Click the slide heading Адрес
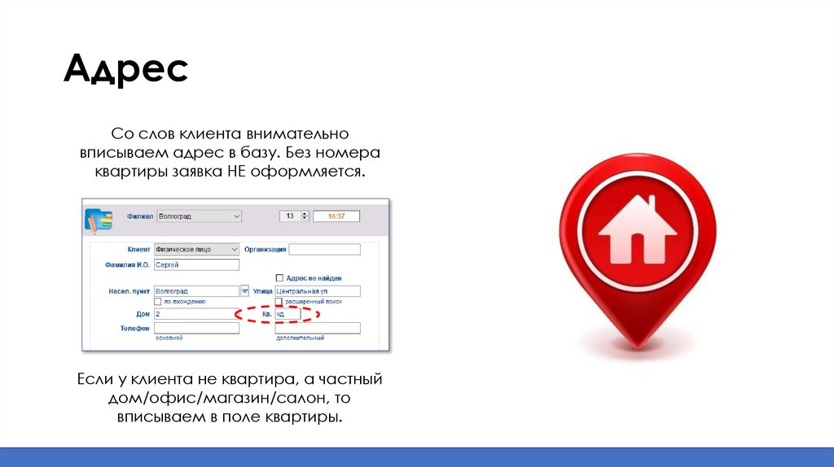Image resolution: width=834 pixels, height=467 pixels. tap(125, 70)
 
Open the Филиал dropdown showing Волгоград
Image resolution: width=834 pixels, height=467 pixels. tap(198, 216)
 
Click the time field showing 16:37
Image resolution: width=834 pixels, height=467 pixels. tap(336, 216)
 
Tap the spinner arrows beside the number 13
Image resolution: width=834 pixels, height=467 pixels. tap(305, 216)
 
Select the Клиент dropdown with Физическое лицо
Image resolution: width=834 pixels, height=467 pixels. tap(196, 250)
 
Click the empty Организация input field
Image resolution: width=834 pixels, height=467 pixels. tap(324, 250)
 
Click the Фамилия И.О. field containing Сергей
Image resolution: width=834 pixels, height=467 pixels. tap(196, 264)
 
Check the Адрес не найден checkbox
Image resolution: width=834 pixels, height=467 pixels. tap(279, 278)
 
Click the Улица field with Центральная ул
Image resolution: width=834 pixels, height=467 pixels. tap(317, 290)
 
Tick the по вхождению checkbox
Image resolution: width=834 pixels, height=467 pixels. tap(158, 301)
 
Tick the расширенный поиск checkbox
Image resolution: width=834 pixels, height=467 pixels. tap(279, 301)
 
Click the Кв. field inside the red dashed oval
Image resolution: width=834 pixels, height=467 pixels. tap(287, 313)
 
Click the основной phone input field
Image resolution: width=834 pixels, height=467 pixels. tap(196, 328)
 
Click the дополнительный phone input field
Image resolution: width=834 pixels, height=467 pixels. tap(317, 328)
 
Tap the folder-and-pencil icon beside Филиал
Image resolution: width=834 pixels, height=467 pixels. tap(99, 220)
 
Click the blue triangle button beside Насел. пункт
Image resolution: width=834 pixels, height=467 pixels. tap(244, 290)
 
